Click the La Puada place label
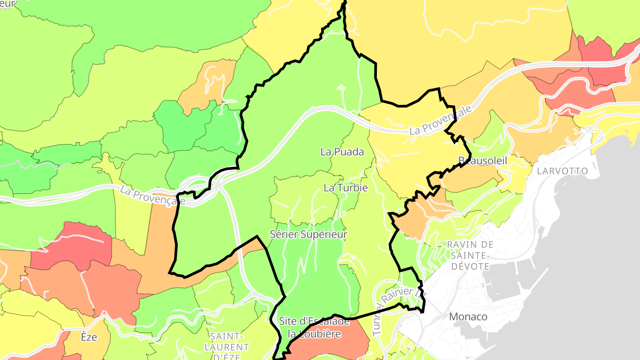[342, 152]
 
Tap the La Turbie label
[345, 188]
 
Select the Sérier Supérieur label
[308, 234]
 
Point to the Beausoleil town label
[482, 161]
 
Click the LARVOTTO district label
[562, 171]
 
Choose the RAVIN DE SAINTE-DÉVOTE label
[470, 256]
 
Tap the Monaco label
[468, 317]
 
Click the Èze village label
[89, 337]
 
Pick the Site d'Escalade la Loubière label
[314, 327]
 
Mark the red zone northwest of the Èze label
[76, 247]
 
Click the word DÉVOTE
[471, 267]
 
